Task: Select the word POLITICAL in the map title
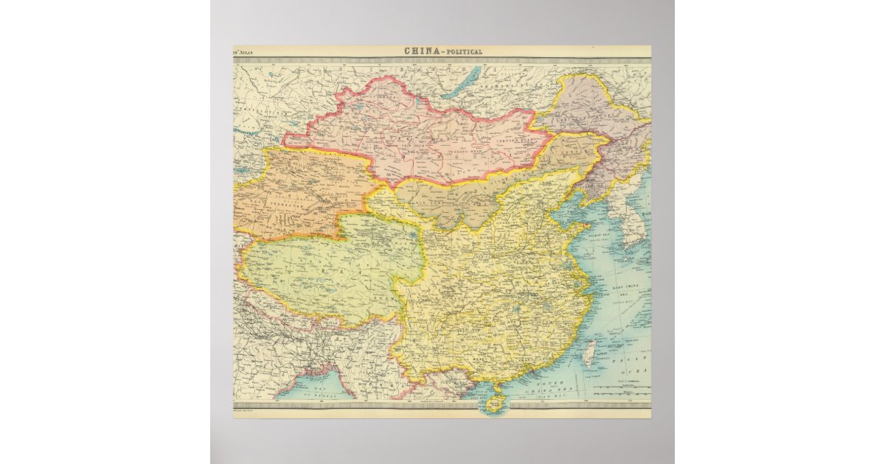point(464,52)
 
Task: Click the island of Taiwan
point(589,356)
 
